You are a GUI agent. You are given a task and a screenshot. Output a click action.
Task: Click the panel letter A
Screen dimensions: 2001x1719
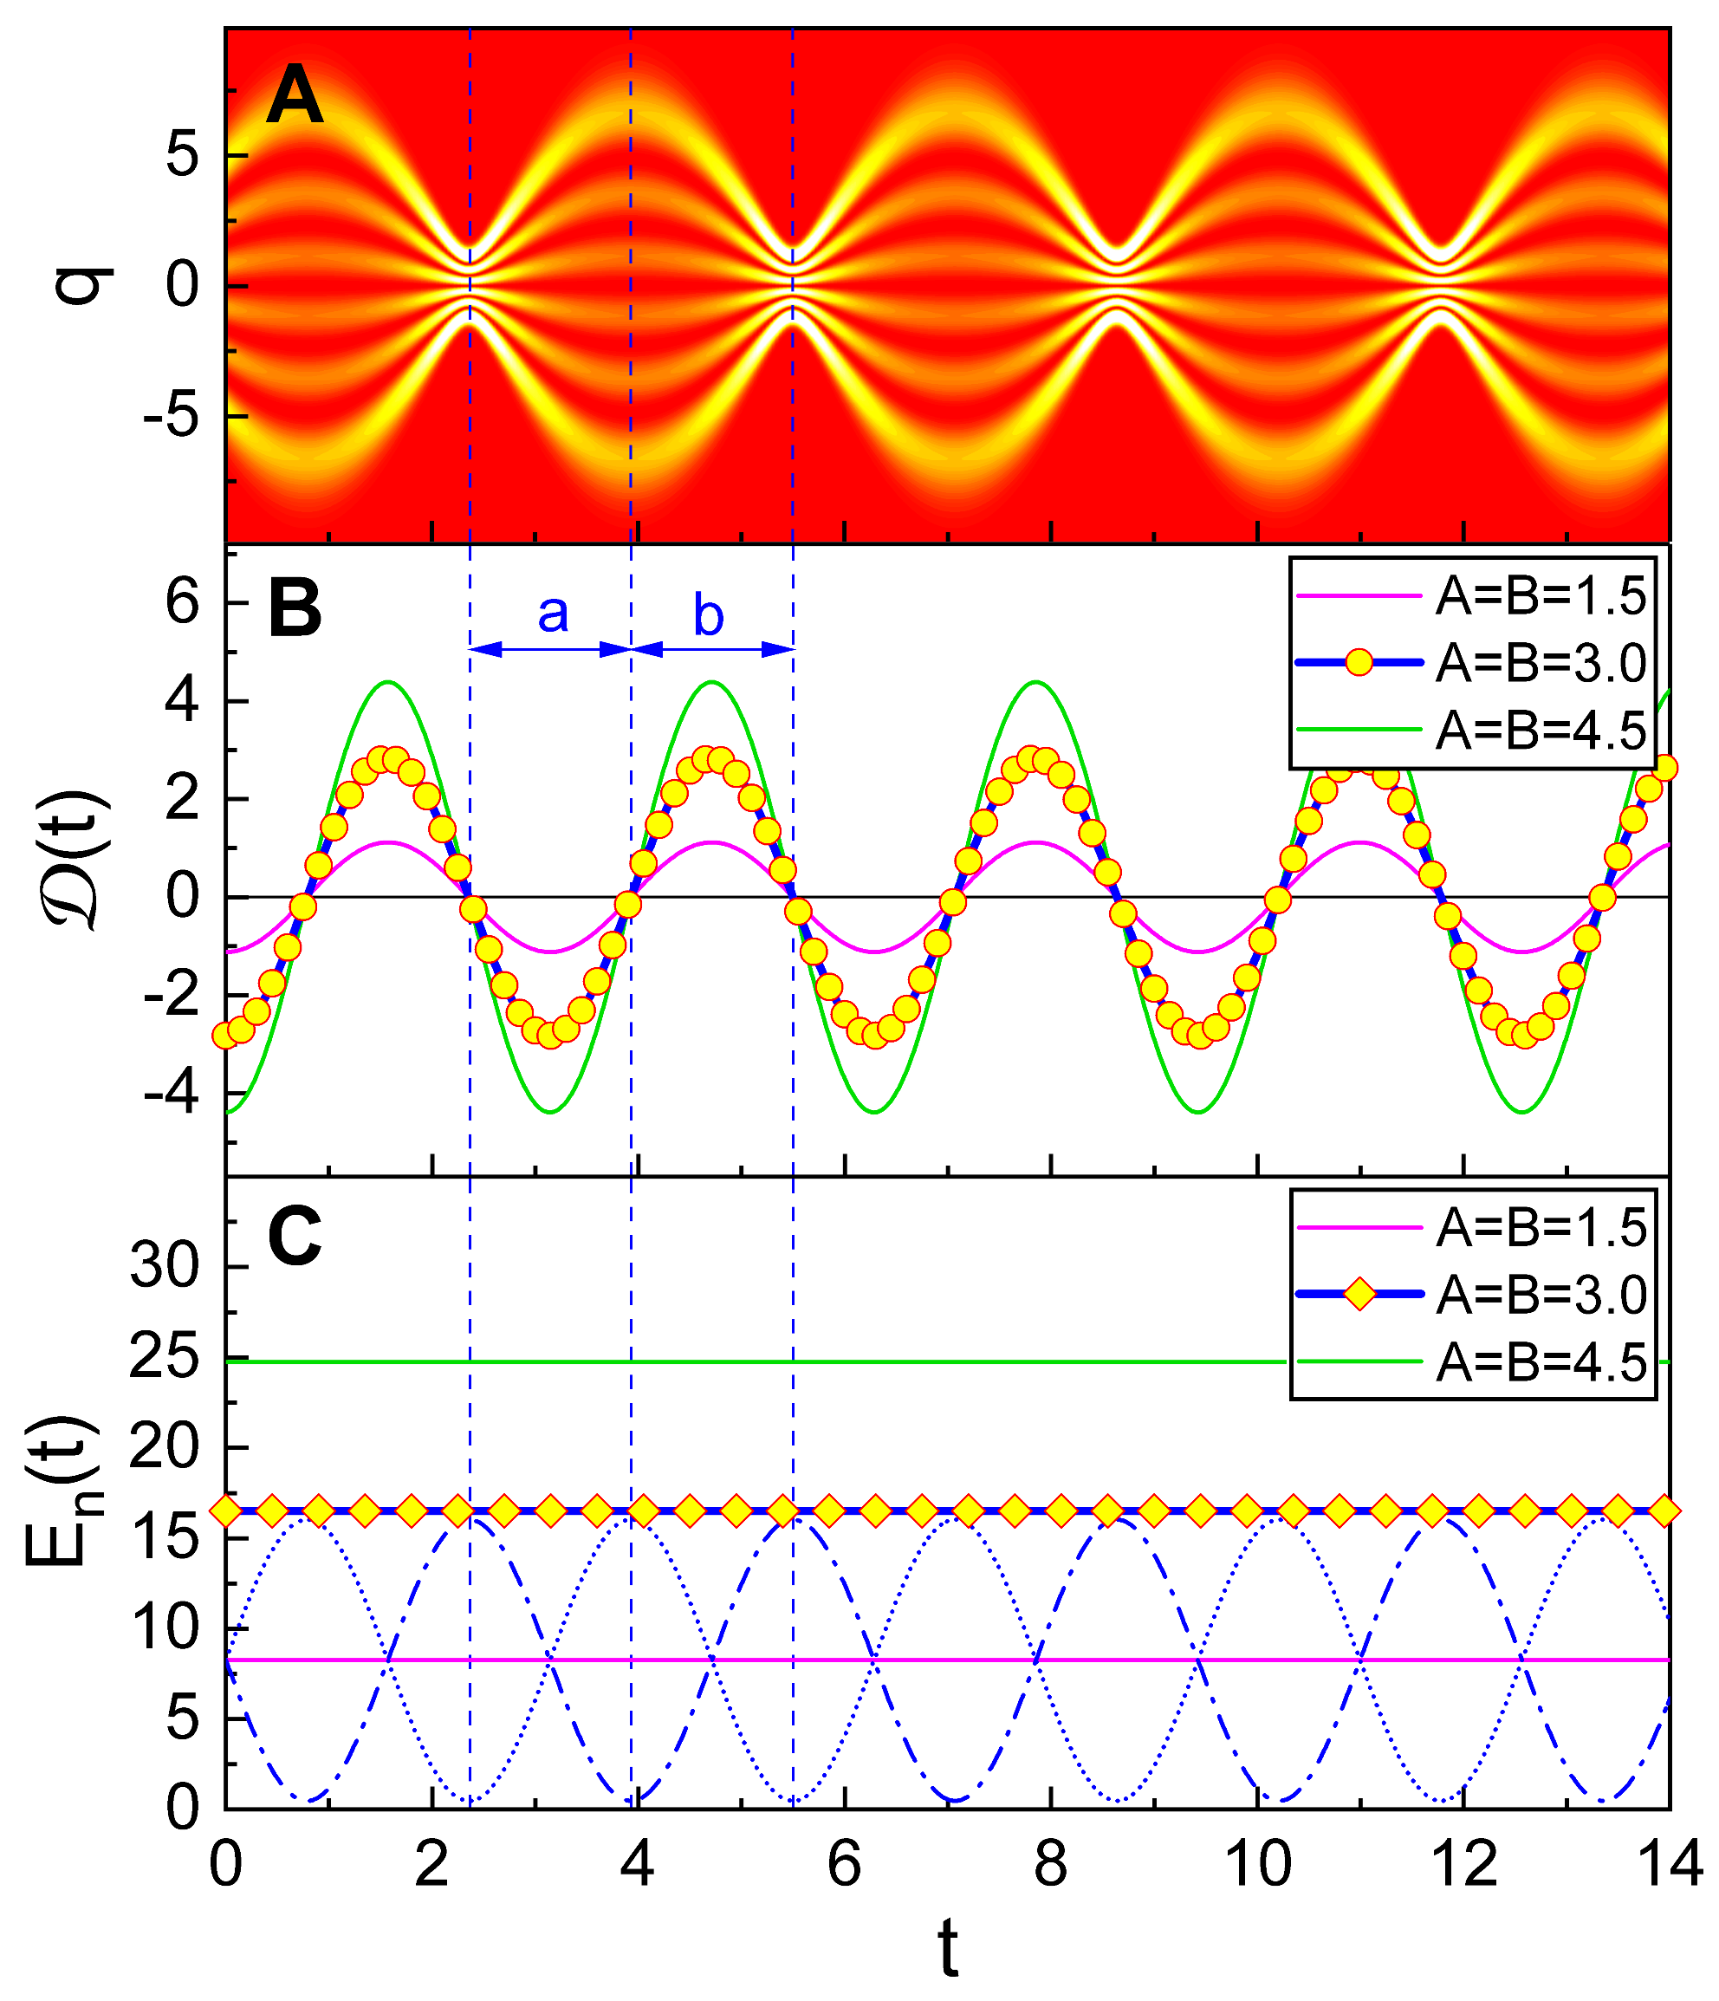click(295, 99)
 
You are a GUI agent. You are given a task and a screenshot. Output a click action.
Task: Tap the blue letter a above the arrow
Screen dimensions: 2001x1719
click(553, 614)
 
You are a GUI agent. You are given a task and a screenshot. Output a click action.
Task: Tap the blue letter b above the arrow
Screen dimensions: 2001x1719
click(708, 614)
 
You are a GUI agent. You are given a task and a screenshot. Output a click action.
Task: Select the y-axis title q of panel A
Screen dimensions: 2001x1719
click(85, 286)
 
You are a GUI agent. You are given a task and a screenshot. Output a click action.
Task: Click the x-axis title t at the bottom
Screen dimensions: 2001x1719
click(949, 1949)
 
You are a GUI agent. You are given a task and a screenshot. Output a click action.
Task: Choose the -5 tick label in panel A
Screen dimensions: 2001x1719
click(171, 417)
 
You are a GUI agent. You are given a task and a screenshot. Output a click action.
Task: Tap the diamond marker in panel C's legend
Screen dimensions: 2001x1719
click(1359, 1294)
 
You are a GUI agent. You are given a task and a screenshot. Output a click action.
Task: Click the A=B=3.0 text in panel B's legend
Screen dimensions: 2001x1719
click(1540, 664)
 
